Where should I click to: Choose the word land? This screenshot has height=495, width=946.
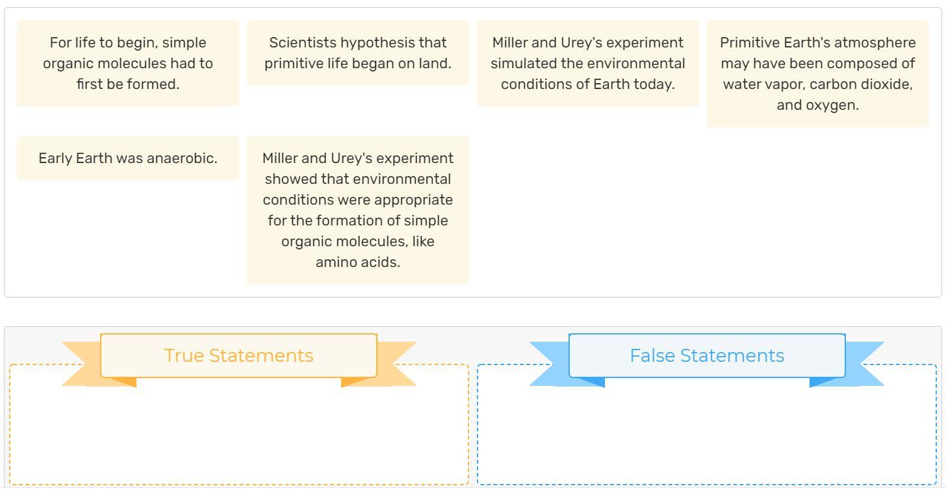coord(435,64)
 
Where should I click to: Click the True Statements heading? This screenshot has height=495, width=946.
coord(238,355)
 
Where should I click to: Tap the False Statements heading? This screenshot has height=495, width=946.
coord(707,355)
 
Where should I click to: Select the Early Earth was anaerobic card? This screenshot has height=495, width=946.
coord(128,159)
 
